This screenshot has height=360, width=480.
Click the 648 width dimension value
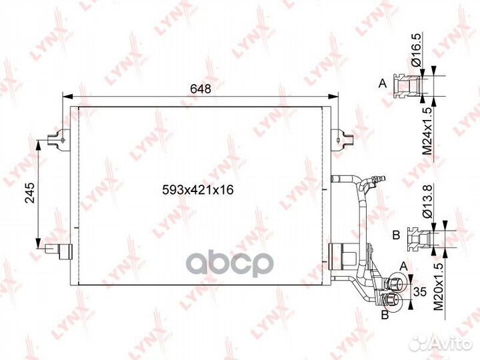point(201,89)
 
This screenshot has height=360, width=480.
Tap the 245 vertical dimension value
point(30,193)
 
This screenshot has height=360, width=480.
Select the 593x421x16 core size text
point(198,190)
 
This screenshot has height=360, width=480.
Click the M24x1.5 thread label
point(427,131)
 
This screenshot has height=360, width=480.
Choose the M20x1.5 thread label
point(439,286)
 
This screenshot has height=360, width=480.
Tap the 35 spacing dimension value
point(420,292)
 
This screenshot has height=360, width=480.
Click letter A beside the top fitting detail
point(383,83)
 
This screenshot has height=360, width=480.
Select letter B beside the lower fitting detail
point(396,235)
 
